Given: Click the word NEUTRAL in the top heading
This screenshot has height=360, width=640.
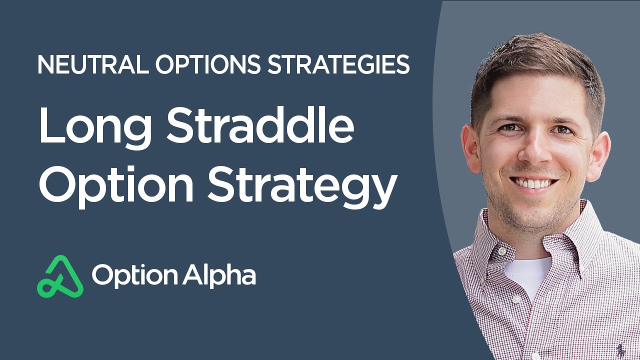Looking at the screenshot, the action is [x=93, y=64].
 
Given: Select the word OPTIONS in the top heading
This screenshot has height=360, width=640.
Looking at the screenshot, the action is [x=207, y=64].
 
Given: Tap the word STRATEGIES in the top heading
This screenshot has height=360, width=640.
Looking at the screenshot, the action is [x=338, y=64].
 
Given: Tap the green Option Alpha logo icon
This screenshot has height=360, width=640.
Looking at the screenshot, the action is [x=60, y=276].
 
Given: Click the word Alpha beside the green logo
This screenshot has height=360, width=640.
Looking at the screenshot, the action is [x=219, y=275].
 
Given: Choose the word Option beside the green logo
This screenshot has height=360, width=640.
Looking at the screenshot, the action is [x=134, y=275].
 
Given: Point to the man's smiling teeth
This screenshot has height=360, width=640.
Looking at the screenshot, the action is [x=533, y=183].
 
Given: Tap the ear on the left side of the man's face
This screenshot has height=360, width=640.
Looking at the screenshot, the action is [x=471, y=148].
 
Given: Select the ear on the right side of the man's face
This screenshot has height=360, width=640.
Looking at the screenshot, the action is [x=598, y=155].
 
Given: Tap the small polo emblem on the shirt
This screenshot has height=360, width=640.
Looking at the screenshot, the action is [x=620, y=349].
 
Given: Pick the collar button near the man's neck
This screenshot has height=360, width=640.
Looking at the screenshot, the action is [x=502, y=251].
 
